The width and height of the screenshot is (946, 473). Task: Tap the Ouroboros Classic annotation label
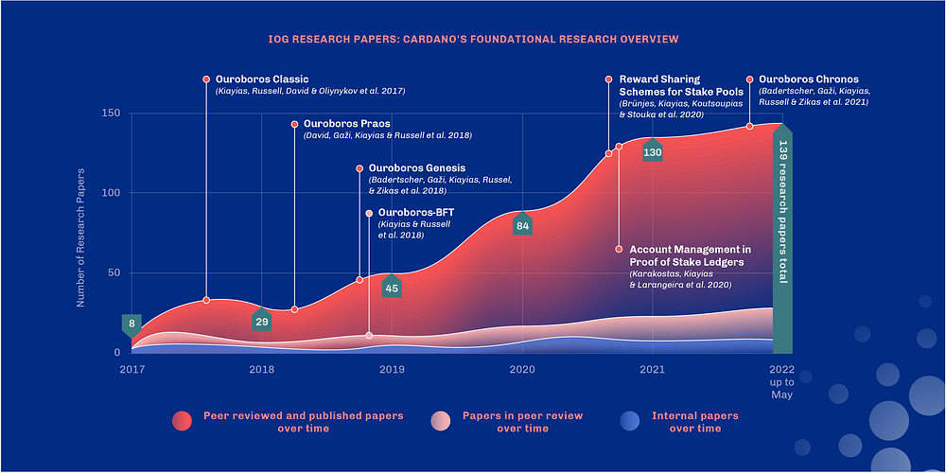[x=261, y=79]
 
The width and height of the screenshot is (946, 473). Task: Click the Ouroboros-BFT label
[x=415, y=213]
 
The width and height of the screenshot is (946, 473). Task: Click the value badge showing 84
[x=522, y=226]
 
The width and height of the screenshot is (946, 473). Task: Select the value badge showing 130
[x=653, y=151]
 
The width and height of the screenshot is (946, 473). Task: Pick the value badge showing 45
[x=392, y=288]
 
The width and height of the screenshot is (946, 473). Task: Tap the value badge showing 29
[x=262, y=322]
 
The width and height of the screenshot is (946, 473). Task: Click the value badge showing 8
[x=131, y=324]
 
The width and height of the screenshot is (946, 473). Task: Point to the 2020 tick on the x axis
[x=523, y=369]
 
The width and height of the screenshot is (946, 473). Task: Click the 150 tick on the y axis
[x=110, y=114]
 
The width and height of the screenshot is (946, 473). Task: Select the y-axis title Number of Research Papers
[x=81, y=237]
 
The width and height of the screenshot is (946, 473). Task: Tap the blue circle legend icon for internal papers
[x=628, y=422]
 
